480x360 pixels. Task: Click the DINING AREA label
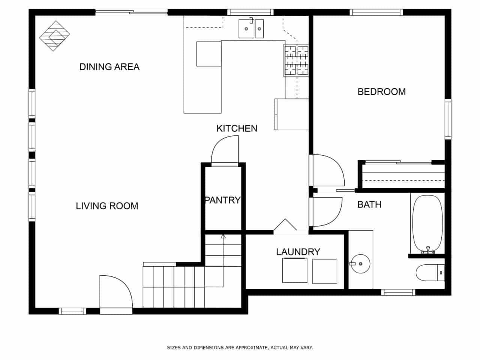tap(109, 67)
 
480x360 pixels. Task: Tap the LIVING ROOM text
tap(107, 206)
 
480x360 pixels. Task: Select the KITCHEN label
tap(237, 128)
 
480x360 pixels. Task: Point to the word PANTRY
tap(223, 200)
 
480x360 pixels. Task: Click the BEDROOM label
tap(382, 91)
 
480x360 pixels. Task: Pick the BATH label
tap(369, 205)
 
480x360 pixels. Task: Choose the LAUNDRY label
tap(298, 252)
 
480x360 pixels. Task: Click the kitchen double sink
tap(251, 28)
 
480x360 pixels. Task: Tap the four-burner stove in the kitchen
tap(296, 60)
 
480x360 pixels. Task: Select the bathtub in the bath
tap(427, 224)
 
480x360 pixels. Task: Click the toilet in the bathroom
tap(430, 273)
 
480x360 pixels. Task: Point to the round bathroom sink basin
tap(360, 264)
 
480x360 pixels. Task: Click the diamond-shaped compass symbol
tap(54, 36)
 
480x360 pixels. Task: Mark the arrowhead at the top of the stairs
tap(223, 236)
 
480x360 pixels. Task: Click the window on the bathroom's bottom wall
tap(398, 292)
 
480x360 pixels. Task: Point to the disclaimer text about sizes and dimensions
tap(240, 348)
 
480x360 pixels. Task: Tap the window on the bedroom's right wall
tap(448, 119)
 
